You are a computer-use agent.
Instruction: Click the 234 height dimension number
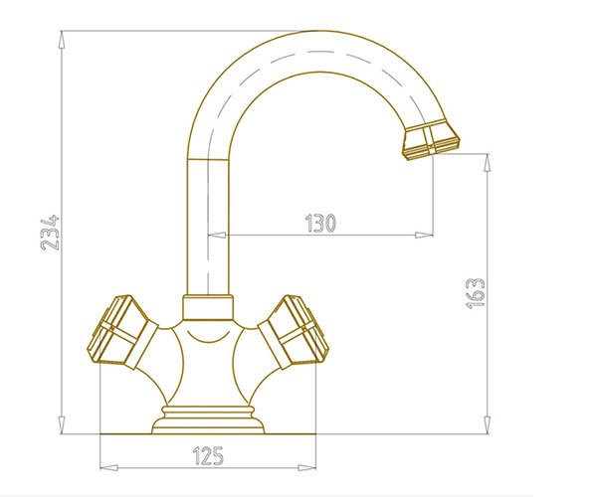[50, 233]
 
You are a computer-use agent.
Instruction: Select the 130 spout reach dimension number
[320, 224]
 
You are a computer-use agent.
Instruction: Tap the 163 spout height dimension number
[476, 293]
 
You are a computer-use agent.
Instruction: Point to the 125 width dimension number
[208, 455]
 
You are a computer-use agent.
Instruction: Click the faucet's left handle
[122, 332]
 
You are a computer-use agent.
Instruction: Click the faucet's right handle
[294, 332]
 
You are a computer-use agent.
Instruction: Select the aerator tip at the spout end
[431, 140]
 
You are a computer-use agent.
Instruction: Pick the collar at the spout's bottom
[208, 307]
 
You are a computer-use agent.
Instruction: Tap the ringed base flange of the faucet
[208, 419]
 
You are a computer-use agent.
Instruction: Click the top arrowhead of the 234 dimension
[62, 40]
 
